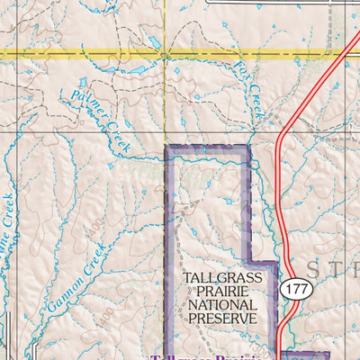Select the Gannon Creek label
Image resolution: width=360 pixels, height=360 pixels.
71,279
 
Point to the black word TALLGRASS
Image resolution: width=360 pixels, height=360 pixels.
222,278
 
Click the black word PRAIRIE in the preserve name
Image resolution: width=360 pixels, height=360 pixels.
222,292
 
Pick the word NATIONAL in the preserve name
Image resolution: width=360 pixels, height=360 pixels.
222,305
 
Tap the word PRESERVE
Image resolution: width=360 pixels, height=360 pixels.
222,319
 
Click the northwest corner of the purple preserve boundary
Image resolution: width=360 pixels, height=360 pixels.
166,147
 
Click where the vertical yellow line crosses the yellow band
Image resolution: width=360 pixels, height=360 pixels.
164,54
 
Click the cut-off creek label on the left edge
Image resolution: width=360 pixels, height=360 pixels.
8,221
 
